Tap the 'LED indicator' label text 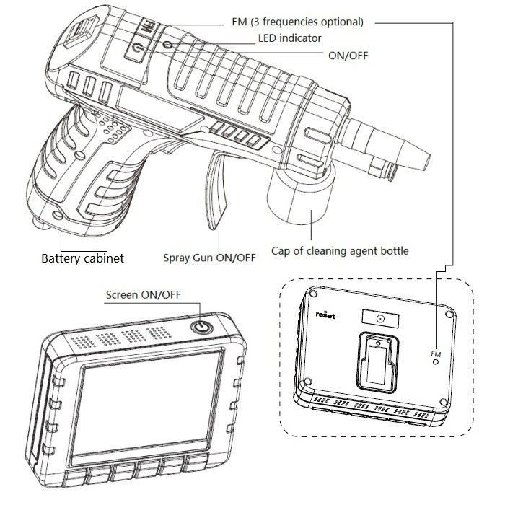289,38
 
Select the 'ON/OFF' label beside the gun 348,54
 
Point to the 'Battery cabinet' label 82,258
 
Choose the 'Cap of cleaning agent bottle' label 340,251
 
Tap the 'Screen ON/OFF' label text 143,294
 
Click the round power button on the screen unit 201,328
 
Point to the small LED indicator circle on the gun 167,45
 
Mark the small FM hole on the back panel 436,362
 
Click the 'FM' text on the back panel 435,353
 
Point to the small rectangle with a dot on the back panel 379,319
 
